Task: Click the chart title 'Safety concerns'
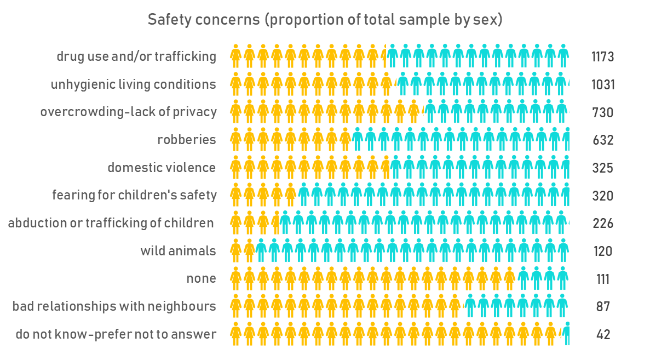click(x=204, y=20)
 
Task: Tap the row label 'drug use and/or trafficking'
click(x=136, y=56)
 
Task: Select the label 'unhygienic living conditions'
click(x=133, y=84)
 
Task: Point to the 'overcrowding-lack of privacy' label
click(x=129, y=112)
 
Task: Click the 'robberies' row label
click(x=187, y=140)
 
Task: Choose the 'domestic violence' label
click(x=162, y=168)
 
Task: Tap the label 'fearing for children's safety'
click(x=134, y=195)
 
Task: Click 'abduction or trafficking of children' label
click(x=111, y=223)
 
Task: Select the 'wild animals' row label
click(x=179, y=251)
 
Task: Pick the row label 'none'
click(x=201, y=278)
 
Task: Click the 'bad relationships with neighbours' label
click(x=114, y=306)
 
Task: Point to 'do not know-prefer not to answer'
click(x=116, y=334)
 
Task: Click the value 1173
click(x=603, y=57)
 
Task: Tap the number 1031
click(x=603, y=84)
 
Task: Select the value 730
click(x=603, y=112)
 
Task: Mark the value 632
click(x=603, y=140)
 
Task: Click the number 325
click(x=603, y=168)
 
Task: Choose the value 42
click(x=603, y=334)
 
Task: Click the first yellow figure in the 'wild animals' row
click(x=236, y=250)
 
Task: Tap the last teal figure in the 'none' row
click(x=562, y=278)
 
